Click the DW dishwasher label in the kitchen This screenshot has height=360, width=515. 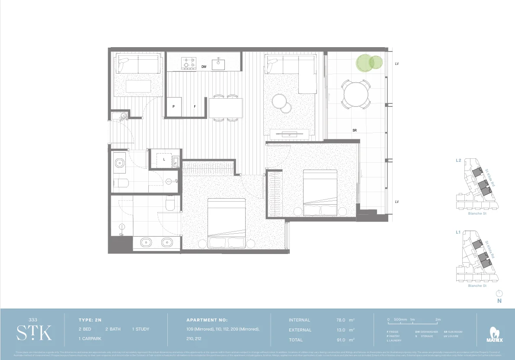pyautogui.click(x=204, y=67)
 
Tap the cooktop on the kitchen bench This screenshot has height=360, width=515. pyautogui.click(x=189, y=64)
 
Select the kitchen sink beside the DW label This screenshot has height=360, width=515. pyautogui.click(x=218, y=64)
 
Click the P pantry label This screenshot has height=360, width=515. pyautogui.click(x=173, y=106)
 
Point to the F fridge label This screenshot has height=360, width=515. pyautogui.click(x=195, y=106)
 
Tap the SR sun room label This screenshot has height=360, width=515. pyautogui.click(x=354, y=130)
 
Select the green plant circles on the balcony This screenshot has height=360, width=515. pyautogui.click(x=368, y=63)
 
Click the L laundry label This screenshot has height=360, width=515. pyautogui.click(x=164, y=159)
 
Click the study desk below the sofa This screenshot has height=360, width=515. pyautogui.click(x=138, y=86)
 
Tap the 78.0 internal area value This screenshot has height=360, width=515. pyautogui.click(x=340, y=320)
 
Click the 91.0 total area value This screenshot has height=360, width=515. pyautogui.click(x=340, y=340)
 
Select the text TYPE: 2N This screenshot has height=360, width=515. pyautogui.click(x=90, y=320)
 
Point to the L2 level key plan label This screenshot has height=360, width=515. pyautogui.click(x=458, y=160)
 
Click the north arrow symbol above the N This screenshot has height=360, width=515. pyautogui.click(x=499, y=293)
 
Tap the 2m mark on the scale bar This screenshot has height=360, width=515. pyautogui.click(x=438, y=319)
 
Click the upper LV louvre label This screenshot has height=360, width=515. pyautogui.click(x=397, y=64)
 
